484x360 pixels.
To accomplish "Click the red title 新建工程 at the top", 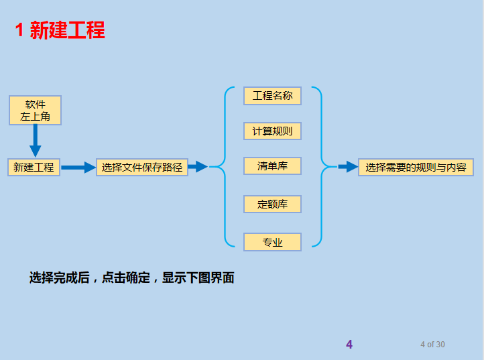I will pos(67,31).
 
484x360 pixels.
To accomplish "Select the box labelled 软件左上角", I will pos(36,110).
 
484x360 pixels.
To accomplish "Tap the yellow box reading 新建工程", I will pos(34,167).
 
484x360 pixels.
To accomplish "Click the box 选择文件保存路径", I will pos(142,167).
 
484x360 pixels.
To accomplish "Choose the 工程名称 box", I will pos(272,96).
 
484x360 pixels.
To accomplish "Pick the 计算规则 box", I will pos(272,131).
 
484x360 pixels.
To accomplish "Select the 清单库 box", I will pos(272,166).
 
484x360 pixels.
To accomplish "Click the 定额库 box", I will pos(272,204).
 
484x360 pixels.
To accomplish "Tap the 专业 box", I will pos(272,242).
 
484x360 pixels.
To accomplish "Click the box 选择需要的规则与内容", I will pos(416,167).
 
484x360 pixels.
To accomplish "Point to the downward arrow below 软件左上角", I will pos(36,141).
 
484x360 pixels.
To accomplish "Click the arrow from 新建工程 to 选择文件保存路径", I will pos(78,168).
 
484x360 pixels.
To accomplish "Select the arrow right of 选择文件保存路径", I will pos(198,167).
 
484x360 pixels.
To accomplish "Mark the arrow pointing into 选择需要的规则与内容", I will pos(347,167).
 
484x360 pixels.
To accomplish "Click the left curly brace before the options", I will pos(223,166).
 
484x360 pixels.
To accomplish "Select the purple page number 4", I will pos(349,345).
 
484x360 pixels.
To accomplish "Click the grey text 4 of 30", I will pos(432,345).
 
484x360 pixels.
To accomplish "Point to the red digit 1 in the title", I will pos(20,31).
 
